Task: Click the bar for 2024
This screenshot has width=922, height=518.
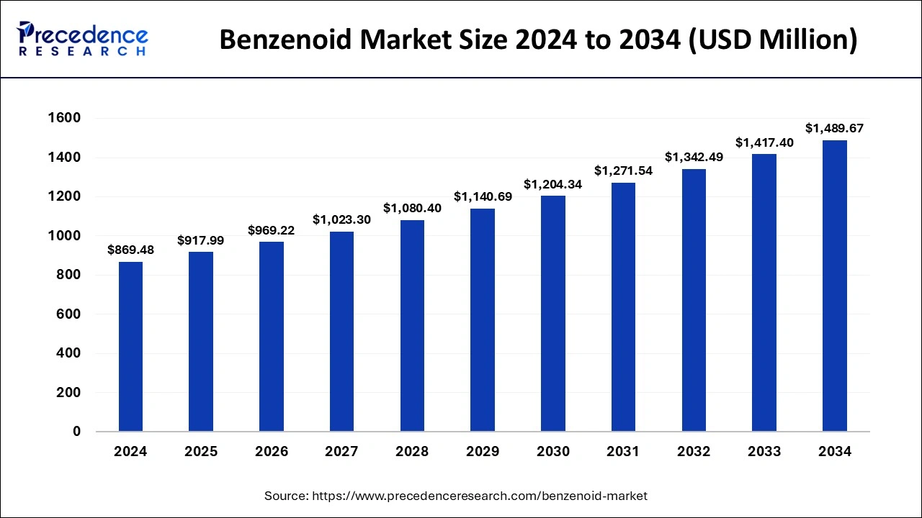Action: coord(130,347)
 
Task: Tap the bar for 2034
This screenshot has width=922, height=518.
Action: coord(835,286)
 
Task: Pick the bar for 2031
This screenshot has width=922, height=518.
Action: coord(623,307)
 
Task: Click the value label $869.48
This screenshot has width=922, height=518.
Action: coord(130,250)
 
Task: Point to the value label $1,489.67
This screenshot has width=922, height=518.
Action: coord(834,128)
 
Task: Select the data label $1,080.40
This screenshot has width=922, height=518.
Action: coord(412,208)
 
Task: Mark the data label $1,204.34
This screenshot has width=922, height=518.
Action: coord(552,184)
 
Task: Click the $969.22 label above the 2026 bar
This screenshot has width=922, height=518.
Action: coord(272,230)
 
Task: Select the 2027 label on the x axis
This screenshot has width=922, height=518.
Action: coord(341,452)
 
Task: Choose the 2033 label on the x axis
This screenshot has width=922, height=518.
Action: coord(764,452)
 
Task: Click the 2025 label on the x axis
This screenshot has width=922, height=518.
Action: coord(201,452)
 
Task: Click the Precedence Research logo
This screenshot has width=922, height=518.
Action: coord(83,39)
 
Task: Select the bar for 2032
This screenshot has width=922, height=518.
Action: coord(694,300)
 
